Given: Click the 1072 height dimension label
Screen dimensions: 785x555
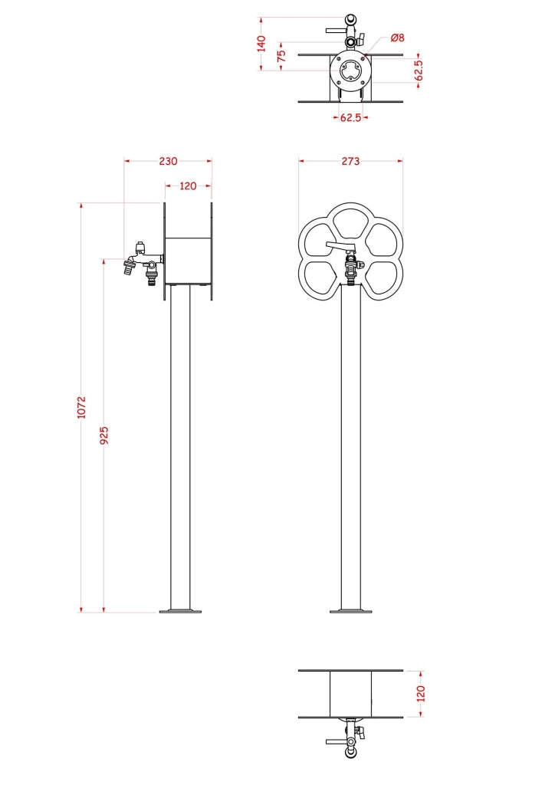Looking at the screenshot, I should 82,407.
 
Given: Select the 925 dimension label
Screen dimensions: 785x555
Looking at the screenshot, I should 104,435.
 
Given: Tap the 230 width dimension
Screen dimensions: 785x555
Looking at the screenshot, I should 168,161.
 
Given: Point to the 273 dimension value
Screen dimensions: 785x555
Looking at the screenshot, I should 350,161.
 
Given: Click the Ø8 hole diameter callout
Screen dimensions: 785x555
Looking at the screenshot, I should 396,37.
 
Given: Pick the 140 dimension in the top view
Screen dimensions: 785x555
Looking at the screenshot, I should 261,43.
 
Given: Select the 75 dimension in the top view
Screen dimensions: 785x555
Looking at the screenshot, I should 281,56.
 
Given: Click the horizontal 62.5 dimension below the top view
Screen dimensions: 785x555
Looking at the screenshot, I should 350,118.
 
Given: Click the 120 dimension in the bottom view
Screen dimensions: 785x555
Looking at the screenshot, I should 420,694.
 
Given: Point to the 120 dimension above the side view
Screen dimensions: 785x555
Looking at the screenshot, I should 188,186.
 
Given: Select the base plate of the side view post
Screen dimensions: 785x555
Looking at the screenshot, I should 180,611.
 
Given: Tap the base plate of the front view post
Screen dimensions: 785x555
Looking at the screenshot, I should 350,611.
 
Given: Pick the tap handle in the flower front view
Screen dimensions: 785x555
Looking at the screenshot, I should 338,246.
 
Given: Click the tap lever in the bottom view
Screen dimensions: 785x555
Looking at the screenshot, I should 337,742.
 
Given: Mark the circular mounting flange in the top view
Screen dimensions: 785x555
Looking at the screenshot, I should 350,71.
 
